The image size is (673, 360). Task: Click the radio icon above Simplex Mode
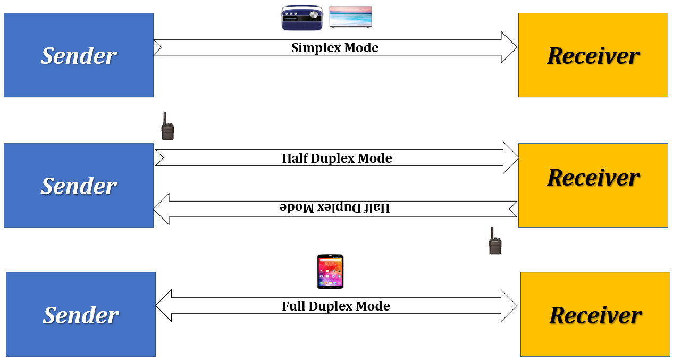point(301,18)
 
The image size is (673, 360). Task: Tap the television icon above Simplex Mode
point(350,17)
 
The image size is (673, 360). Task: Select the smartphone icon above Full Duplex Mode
point(330,271)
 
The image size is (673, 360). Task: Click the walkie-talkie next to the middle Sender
point(167,127)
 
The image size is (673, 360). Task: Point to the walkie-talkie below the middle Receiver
point(495,241)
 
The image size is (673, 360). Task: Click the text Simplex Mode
point(335,48)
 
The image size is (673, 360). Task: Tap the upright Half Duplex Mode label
point(337,158)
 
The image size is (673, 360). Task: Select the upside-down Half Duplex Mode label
point(335,207)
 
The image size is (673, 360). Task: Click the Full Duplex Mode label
point(336,306)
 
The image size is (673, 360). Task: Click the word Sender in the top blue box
point(79,56)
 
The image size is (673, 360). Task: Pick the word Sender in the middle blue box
point(79,186)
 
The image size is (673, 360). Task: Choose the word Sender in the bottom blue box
point(81,315)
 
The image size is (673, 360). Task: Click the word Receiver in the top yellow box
point(593,56)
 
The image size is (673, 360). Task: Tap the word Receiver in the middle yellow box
point(593,177)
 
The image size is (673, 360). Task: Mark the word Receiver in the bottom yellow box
point(595,315)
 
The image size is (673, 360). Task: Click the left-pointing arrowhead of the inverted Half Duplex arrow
point(162,209)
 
